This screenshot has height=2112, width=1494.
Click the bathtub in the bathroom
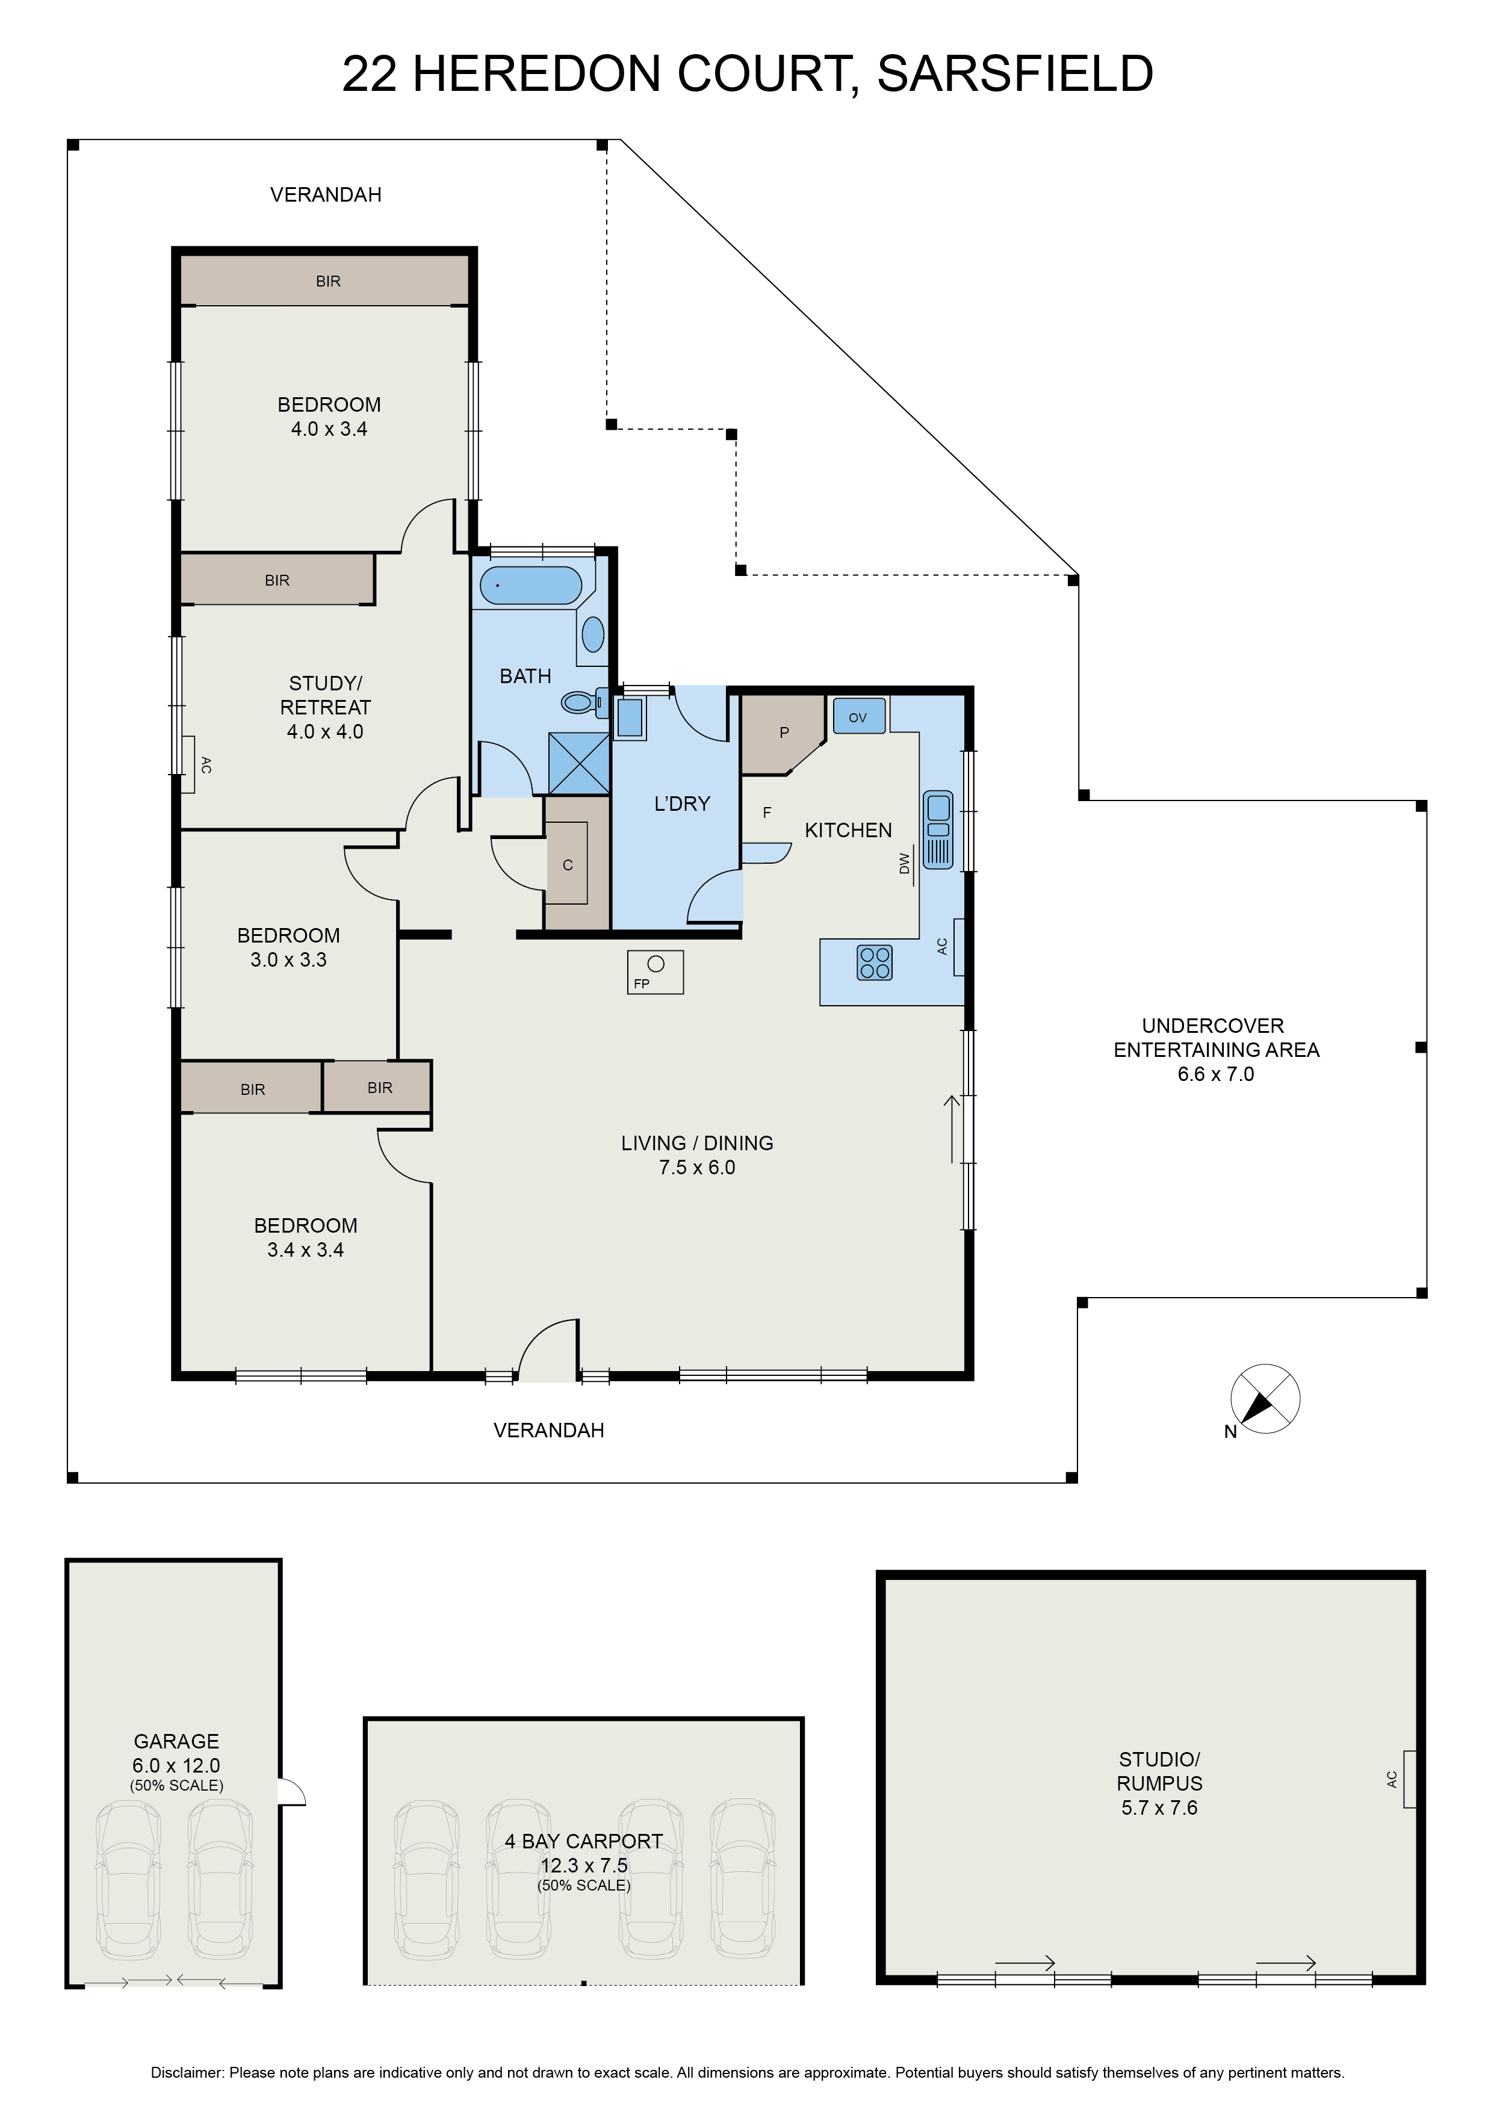(531, 585)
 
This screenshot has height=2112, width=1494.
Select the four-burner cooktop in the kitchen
(874, 962)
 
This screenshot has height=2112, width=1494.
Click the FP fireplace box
(655, 971)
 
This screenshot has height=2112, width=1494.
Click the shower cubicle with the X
(578, 763)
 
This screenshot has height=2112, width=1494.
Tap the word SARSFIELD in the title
(1015, 73)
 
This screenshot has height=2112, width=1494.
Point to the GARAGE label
(176, 1741)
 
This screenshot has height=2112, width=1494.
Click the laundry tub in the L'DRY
(630, 717)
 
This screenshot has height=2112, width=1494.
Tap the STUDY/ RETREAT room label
(326, 695)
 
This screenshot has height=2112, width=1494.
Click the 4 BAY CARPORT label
(584, 1841)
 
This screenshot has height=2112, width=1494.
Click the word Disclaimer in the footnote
(188, 2072)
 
